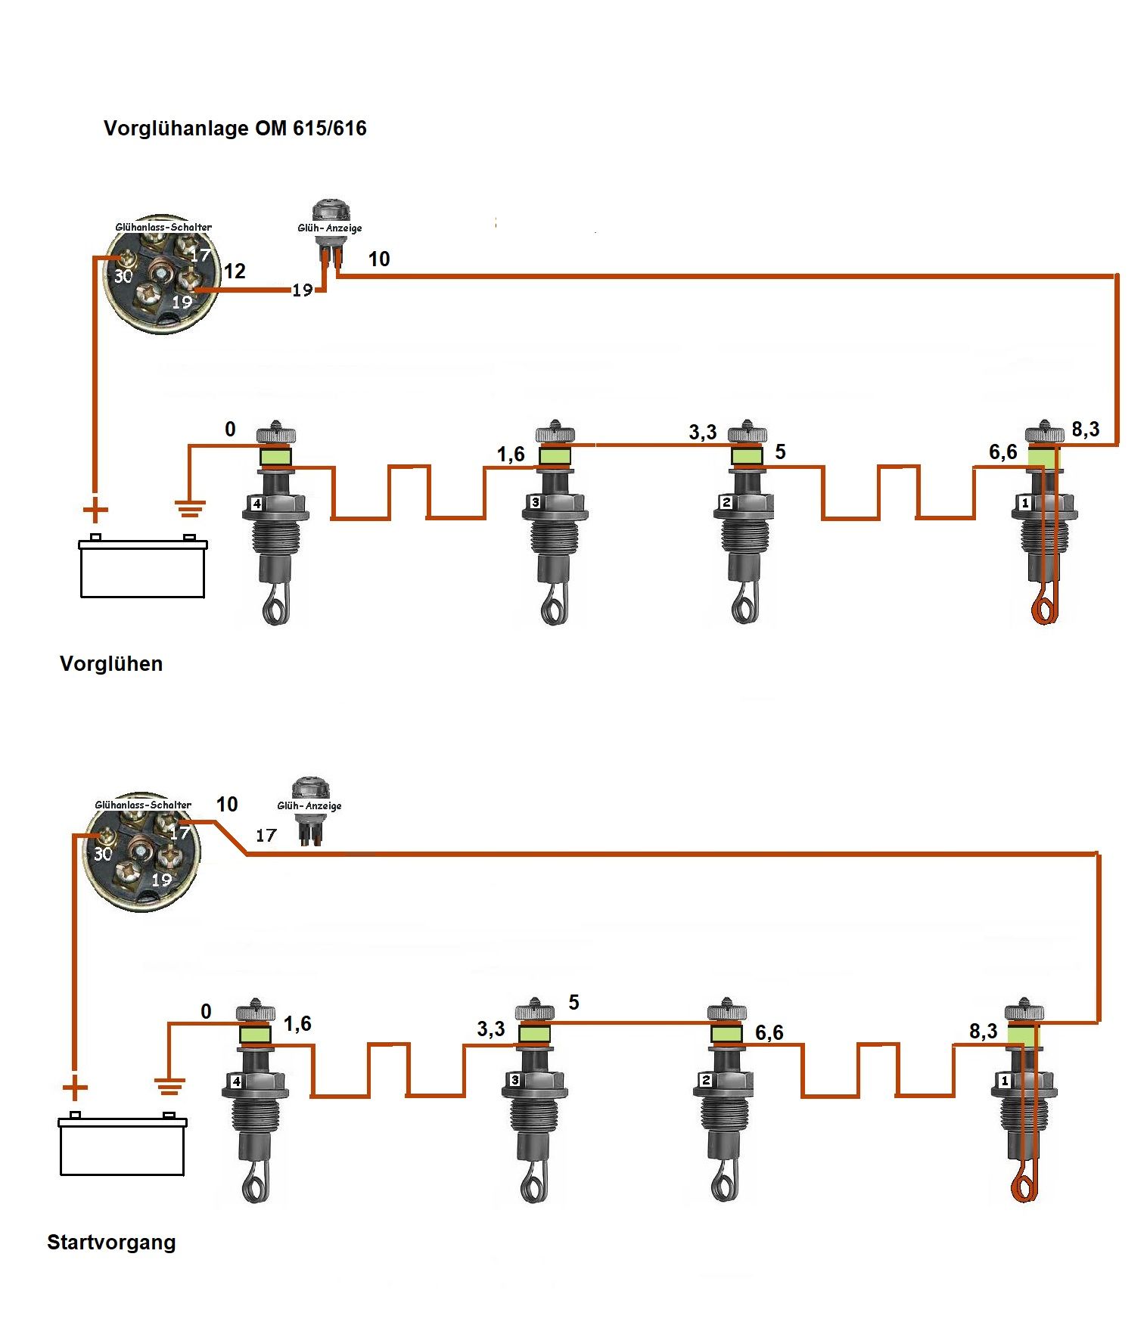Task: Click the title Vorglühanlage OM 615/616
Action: [235, 129]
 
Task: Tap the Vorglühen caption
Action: [111, 664]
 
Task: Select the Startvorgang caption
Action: [111, 1242]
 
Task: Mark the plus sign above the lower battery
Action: [74, 1089]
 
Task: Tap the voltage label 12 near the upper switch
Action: [235, 271]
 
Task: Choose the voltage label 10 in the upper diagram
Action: [378, 259]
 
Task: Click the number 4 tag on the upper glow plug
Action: [257, 504]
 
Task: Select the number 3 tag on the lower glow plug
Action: [514, 1081]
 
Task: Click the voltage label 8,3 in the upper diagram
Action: [1085, 430]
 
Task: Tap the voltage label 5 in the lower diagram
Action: [573, 1003]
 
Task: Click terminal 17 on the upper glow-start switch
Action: [199, 255]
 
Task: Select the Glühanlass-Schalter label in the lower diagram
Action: [143, 805]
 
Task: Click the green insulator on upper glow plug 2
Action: [746, 456]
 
